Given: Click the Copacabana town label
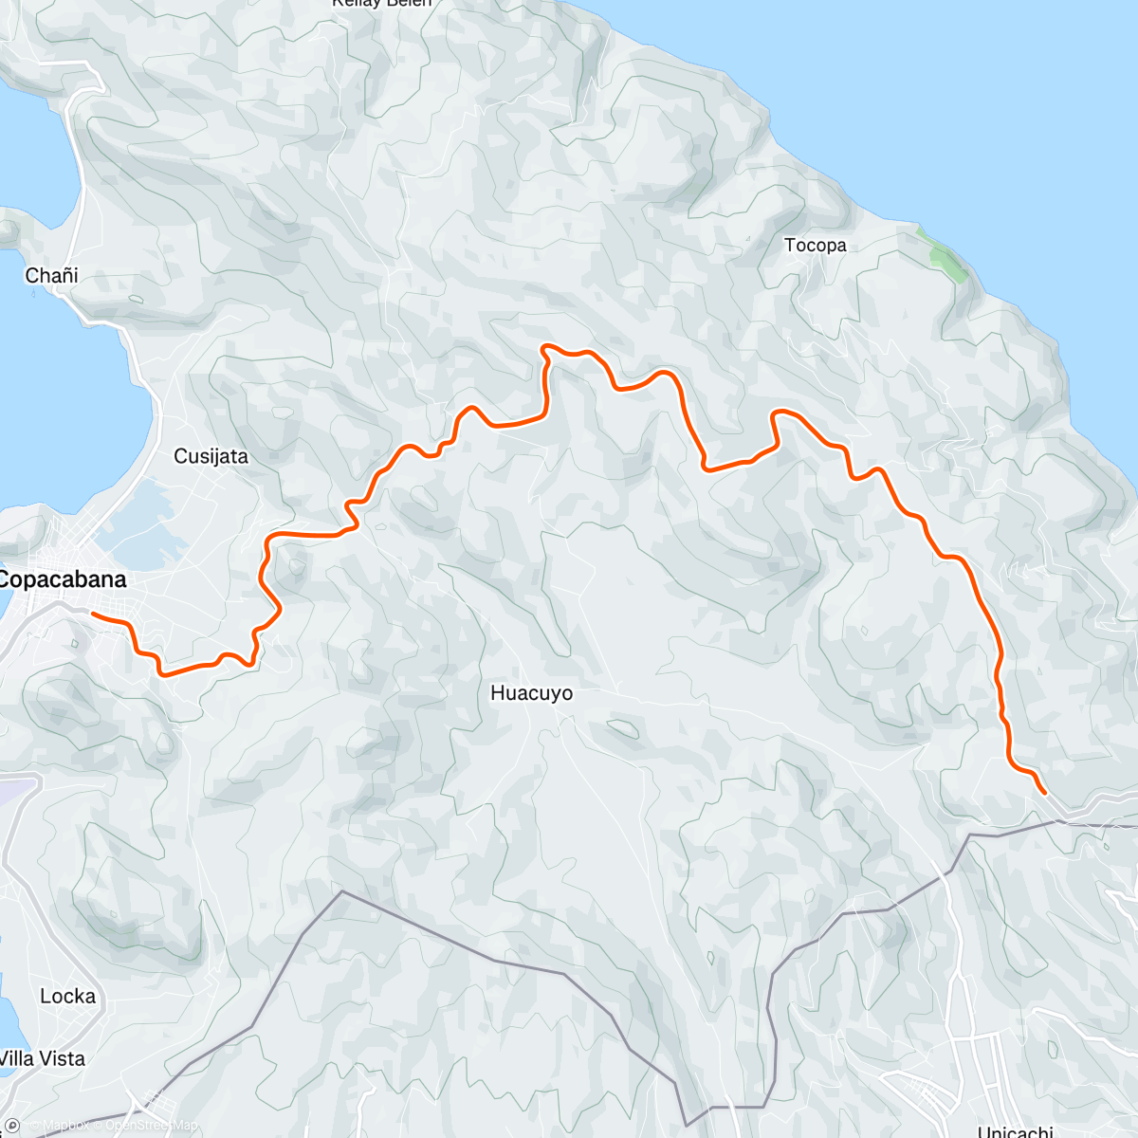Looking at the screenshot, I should (63, 579).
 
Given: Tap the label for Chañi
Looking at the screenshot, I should (51, 276).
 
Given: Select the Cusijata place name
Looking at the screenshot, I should (211, 456).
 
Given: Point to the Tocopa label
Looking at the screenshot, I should (815, 246).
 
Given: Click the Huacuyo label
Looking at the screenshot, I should (531, 693).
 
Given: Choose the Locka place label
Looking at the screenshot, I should (67, 997).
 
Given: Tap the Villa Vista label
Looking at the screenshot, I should (43, 1058).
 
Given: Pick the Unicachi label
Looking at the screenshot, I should (1015, 1131).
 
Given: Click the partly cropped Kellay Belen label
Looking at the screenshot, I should (381, 4).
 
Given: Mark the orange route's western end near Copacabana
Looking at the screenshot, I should (93, 615).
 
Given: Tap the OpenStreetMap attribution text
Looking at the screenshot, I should (152, 1126).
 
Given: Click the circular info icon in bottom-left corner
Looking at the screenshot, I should (12, 1126).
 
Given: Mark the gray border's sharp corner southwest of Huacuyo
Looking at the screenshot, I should (341, 891).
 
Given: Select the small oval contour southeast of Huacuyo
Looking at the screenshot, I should (622, 728).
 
